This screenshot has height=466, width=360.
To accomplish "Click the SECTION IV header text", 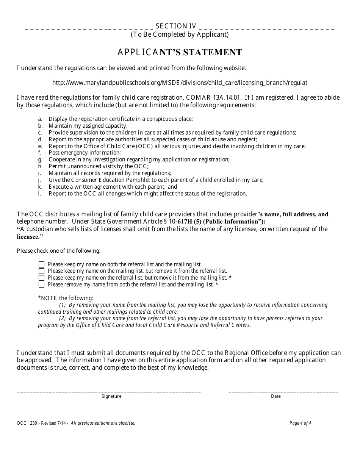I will click(176, 26).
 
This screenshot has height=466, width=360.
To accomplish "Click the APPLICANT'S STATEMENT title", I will click(180, 52).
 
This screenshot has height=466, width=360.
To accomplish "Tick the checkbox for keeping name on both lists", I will click(42, 264).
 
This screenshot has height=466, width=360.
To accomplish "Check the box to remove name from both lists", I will click(42, 285).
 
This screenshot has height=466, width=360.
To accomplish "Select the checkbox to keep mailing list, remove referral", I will click(42, 271).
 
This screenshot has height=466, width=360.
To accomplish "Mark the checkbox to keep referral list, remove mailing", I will click(42, 278).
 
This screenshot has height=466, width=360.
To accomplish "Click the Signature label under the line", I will click(111, 396).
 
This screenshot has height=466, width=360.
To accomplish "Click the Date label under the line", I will click(276, 396).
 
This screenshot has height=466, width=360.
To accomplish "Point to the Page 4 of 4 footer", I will click(300, 423).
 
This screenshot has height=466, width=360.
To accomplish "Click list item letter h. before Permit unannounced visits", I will click(40, 166).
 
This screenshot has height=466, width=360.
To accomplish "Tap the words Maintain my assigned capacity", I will click(88, 126).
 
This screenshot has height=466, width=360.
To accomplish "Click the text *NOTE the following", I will click(65, 298).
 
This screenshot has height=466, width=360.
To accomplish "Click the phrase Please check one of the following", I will click(59, 251).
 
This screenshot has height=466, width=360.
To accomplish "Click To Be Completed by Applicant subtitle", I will click(180, 34).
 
